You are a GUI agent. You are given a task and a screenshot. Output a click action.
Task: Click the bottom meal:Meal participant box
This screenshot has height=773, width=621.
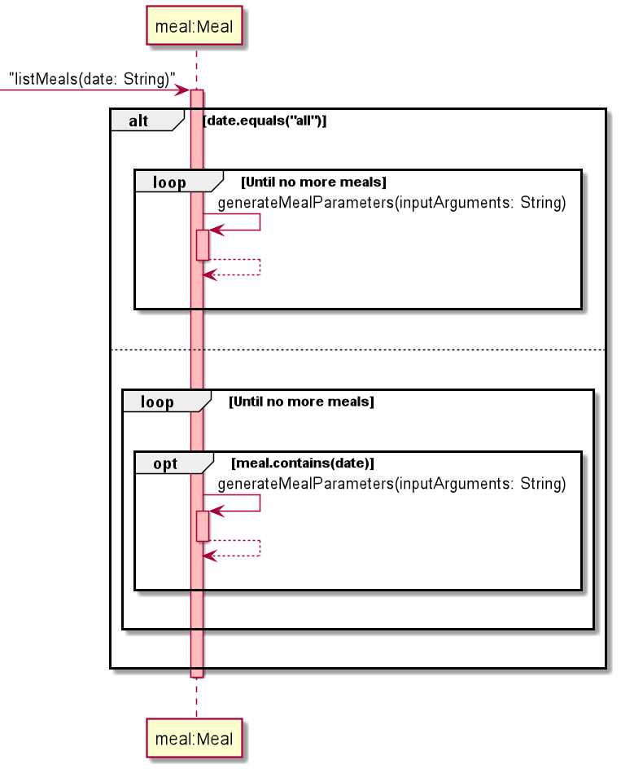point(195,740)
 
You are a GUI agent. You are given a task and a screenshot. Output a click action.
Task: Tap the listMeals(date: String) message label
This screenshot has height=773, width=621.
point(93,79)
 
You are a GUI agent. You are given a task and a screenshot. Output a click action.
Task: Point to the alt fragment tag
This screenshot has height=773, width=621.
point(140,121)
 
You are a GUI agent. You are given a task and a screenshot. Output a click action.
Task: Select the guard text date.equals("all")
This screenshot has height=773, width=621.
point(265,121)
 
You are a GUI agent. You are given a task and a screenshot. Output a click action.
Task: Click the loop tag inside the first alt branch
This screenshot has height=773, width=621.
point(169,182)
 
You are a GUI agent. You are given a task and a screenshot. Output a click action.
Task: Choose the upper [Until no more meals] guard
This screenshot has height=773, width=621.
point(313,182)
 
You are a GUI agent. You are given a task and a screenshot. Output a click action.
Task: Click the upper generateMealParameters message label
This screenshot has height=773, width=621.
point(391,203)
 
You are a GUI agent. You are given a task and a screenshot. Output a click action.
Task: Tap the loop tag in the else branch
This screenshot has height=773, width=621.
point(157,402)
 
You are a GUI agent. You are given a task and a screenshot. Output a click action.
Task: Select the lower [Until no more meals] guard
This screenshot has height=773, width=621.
point(301,402)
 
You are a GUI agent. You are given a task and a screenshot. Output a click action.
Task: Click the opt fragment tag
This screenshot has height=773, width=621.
point(165,463)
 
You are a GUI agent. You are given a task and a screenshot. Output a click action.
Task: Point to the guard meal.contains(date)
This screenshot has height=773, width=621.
point(303,463)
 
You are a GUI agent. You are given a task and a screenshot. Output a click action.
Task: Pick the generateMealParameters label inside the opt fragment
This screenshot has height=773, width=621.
point(391,484)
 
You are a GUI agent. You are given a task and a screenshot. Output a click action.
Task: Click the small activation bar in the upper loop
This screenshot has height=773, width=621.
point(203,244)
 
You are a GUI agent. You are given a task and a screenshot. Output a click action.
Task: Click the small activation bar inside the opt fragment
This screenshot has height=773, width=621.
point(203,525)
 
